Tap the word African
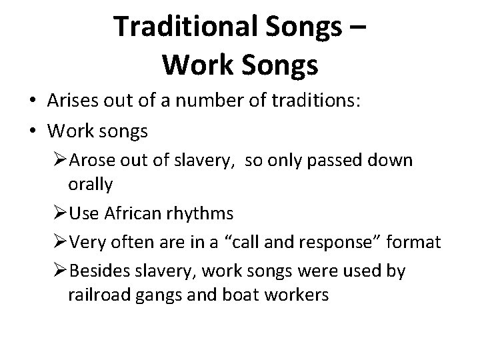coord(128,213)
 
